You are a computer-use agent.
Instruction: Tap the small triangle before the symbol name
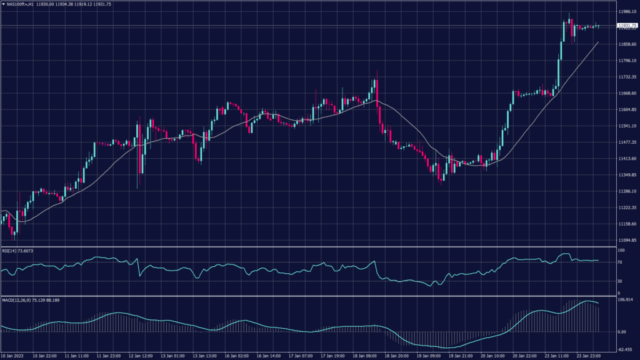pyautogui.click(x=4, y=4)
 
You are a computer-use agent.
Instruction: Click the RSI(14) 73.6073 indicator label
pyautogui.click(x=17, y=251)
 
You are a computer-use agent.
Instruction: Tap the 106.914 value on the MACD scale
pyautogui.click(x=624, y=299)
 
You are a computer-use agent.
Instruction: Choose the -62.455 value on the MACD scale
pyautogui.click(x=624, y=349)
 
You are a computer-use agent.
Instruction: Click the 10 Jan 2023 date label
pyautogui.click(x=12, y=355)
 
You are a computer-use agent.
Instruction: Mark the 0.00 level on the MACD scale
pyautogui.click(x=621, y=332)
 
